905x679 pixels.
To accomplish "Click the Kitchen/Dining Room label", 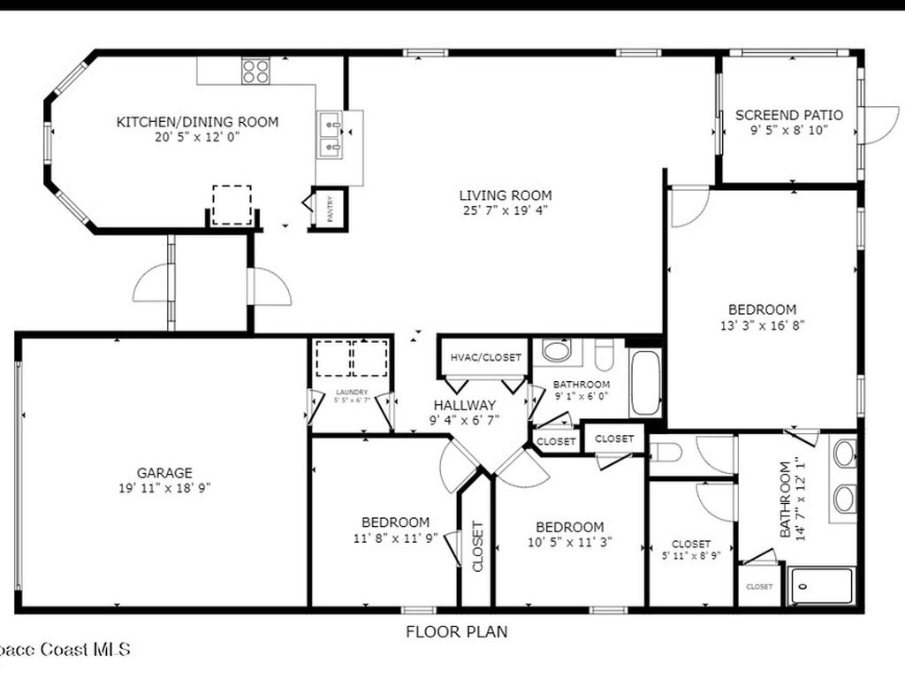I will coord(197,122).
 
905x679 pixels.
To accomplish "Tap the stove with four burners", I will coord(255,70).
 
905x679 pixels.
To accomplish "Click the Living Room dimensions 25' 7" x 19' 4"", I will coord(506,210).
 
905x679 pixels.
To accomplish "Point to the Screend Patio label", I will coord(789,115).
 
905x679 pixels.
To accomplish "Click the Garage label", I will coord(164,473).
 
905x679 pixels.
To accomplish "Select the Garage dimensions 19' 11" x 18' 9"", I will coord(164,487).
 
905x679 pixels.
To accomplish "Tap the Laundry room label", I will coord(351,393).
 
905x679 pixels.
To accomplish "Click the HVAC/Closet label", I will coord(485,357).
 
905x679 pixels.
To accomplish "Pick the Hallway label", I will coord(464,406).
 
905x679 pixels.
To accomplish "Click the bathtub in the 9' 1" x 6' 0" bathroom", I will coord(646,383).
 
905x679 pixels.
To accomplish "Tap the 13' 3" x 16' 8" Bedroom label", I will coord(762,309).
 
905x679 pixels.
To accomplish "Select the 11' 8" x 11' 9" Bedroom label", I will coord(395,523).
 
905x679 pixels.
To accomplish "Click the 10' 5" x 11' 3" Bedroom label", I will coord(570,527).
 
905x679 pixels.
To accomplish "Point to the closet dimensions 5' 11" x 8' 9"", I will coord(691,557).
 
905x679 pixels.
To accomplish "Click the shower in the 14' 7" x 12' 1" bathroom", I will coord(821,585).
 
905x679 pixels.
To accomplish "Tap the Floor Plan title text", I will coord(456,631).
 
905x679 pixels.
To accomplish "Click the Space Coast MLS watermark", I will coord(65,650).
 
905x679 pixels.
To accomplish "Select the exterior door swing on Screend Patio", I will coord(879,125).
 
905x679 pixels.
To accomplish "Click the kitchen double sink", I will coord(331,135).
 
